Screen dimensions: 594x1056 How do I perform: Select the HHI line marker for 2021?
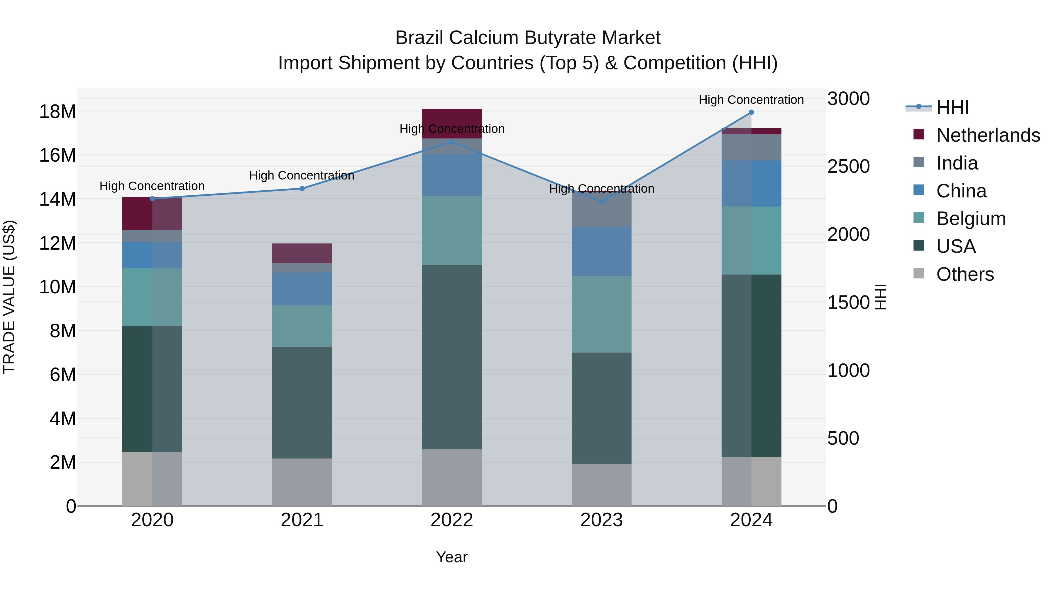tap(302, 189)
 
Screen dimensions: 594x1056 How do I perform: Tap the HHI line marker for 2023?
tap(601, 202)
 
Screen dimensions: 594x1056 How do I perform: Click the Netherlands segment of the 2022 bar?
tap(452, 119)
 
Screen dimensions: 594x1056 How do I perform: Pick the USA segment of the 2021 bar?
tap(302, 402)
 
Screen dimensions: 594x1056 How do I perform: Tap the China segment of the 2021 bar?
tap(302, 289)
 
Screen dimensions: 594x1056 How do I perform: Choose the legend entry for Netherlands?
tap(988, 135)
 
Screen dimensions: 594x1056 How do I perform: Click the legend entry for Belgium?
tap(971, 219)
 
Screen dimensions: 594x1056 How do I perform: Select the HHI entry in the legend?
tap(952, 107)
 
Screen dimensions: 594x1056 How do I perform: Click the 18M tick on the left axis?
tap(57, 111)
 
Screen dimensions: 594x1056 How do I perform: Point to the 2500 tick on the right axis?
tap(848, 166)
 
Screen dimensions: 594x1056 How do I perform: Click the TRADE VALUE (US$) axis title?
tap(9, 297)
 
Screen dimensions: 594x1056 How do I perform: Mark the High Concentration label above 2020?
tap(152, 186)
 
